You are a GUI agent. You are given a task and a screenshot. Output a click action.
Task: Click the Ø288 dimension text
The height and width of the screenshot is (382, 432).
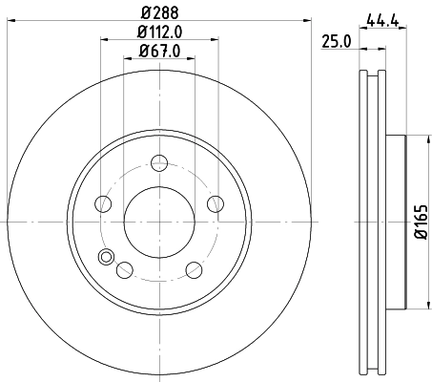click(158, 13)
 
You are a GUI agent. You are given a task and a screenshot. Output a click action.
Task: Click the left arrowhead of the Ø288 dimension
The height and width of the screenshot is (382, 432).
click(10, 23)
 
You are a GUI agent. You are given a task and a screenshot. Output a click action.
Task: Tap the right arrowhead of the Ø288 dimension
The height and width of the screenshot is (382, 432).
click(307, 23)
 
